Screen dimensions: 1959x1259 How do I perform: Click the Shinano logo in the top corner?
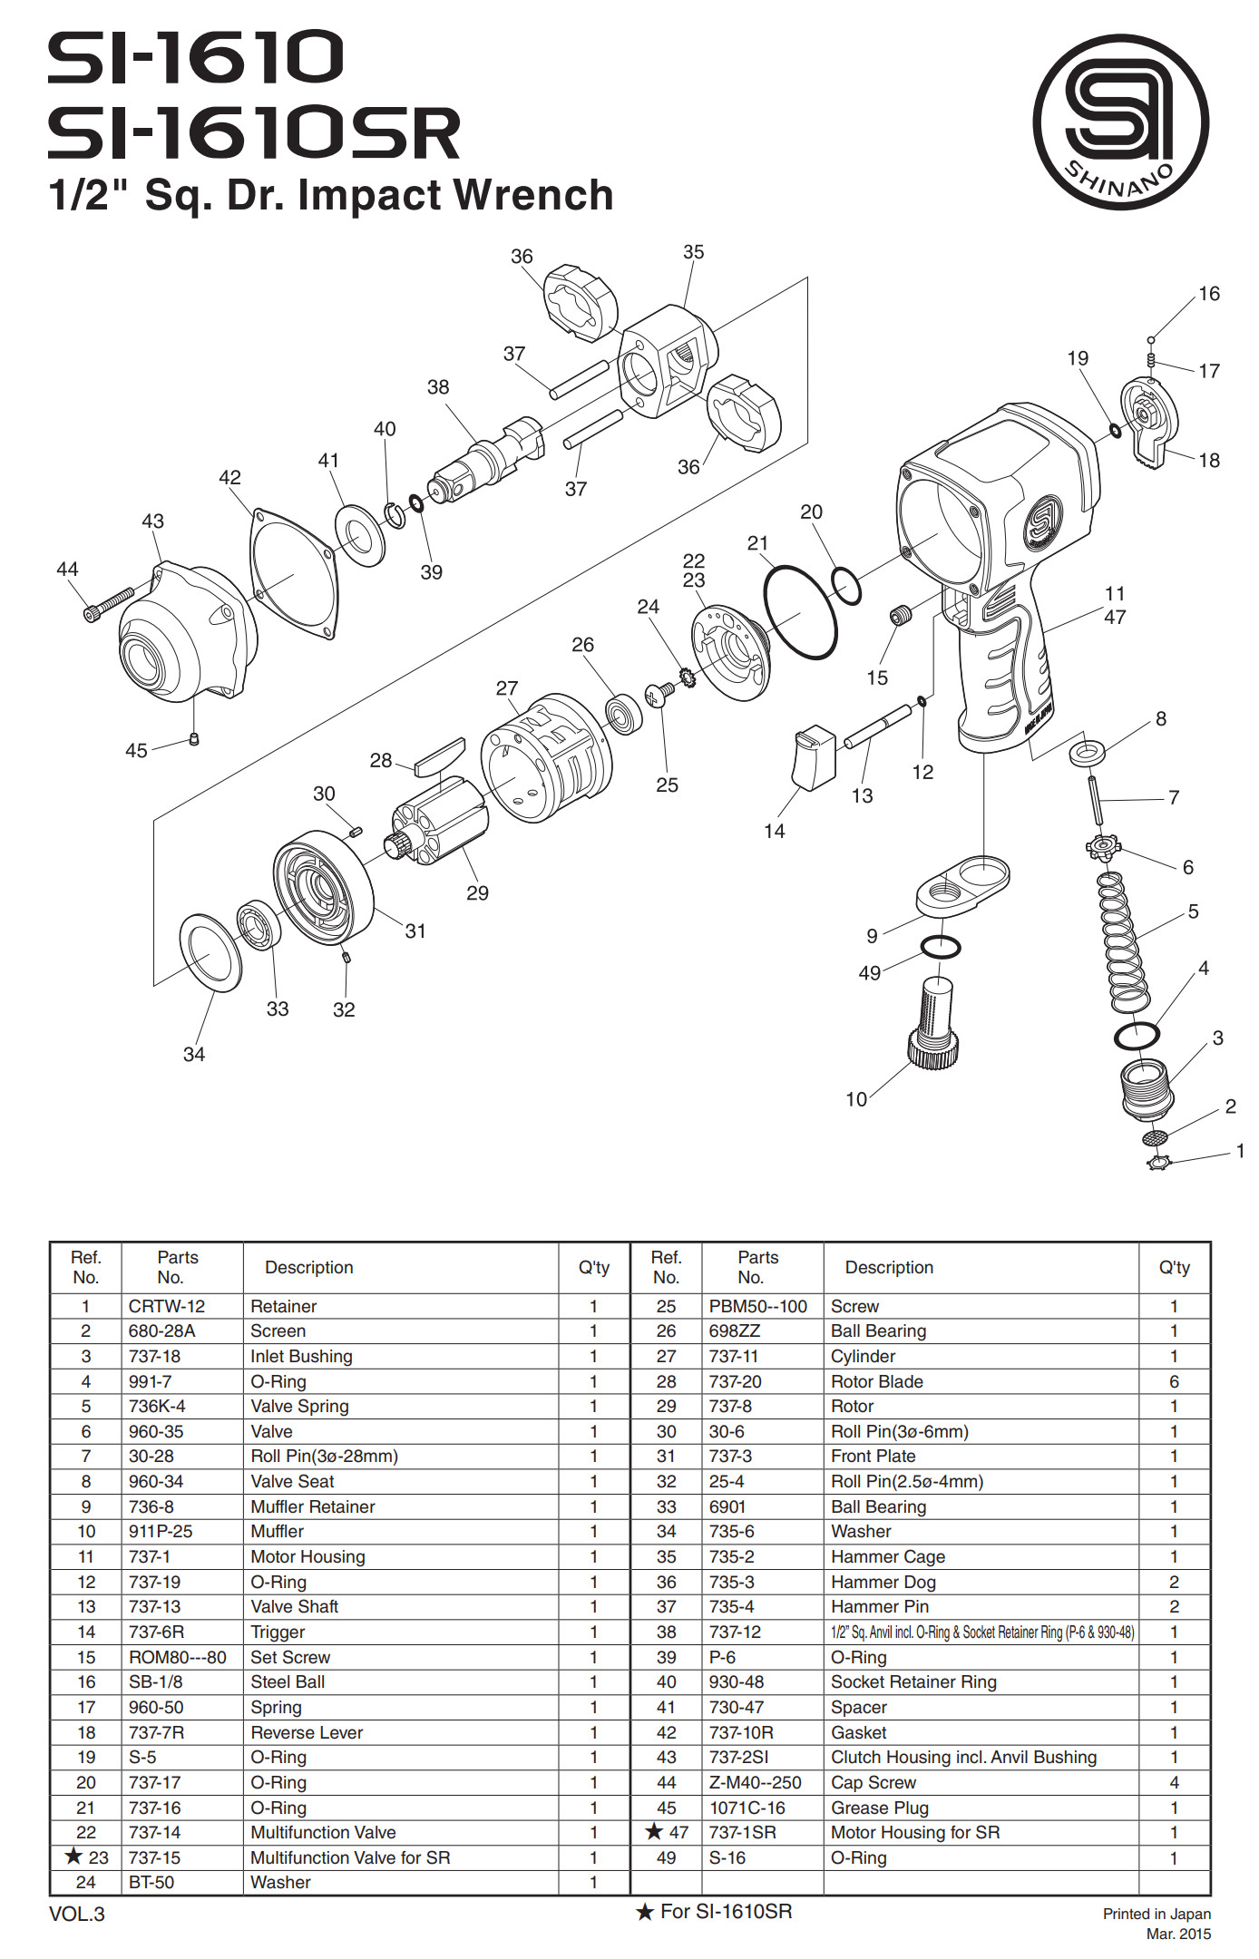[x=1120, y=122]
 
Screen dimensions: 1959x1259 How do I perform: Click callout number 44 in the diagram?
[x=67, y=570]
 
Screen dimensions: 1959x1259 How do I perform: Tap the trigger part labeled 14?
[x=814, y=757]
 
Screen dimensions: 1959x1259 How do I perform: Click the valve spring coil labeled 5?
[x=1124, y=944]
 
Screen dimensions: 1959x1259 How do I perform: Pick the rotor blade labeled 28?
[x=440, y=757]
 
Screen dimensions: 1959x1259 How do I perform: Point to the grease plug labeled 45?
[x=193, y=739]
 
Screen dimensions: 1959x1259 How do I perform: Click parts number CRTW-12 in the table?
[x=167, y=1306]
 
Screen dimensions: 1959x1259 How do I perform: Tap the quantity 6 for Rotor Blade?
[x=1174, y=1381]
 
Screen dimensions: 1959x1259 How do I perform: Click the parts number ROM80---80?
[x=177, y=1657]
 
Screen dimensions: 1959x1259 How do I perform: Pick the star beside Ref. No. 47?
[x=654, y=1832]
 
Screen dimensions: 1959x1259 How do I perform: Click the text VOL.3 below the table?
[x=77, y=1914]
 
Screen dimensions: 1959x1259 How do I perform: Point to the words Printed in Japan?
[x=1157, y=1914]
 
